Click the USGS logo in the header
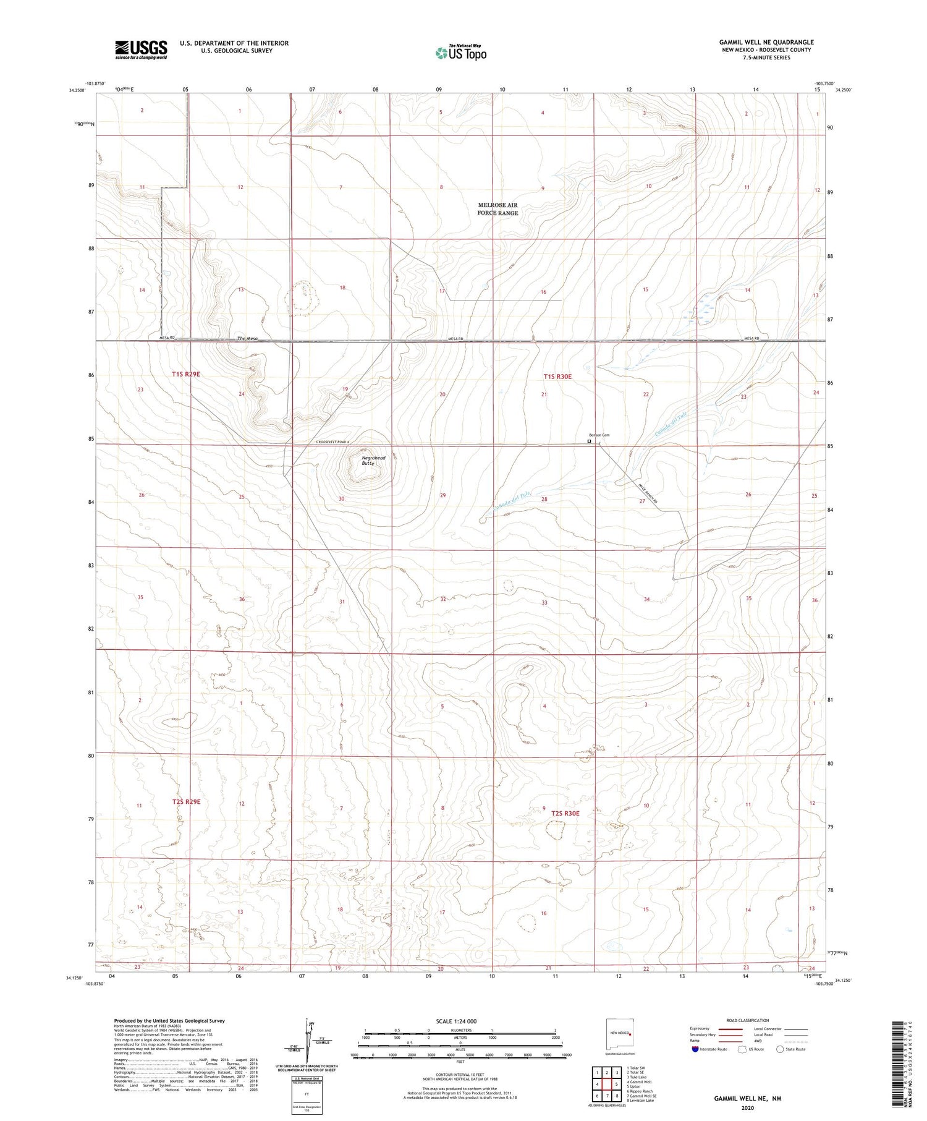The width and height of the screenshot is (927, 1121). coord(141,49)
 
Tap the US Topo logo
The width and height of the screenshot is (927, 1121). coord(460,53)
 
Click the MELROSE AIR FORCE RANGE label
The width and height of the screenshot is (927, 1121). coord(497,209)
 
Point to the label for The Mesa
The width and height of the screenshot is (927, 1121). coord(247,338)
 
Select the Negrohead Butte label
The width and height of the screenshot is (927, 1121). coord(373,460)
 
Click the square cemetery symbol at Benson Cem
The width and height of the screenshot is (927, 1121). coord(589,441)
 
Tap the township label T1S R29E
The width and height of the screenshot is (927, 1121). coord(186,374)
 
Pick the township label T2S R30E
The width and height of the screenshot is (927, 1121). coord(565,813)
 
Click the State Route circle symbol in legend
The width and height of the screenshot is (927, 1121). coord(780,1049)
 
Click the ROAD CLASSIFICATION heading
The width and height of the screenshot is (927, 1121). coord(747,1020)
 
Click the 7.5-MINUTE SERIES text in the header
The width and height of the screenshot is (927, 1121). coord(766,58)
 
